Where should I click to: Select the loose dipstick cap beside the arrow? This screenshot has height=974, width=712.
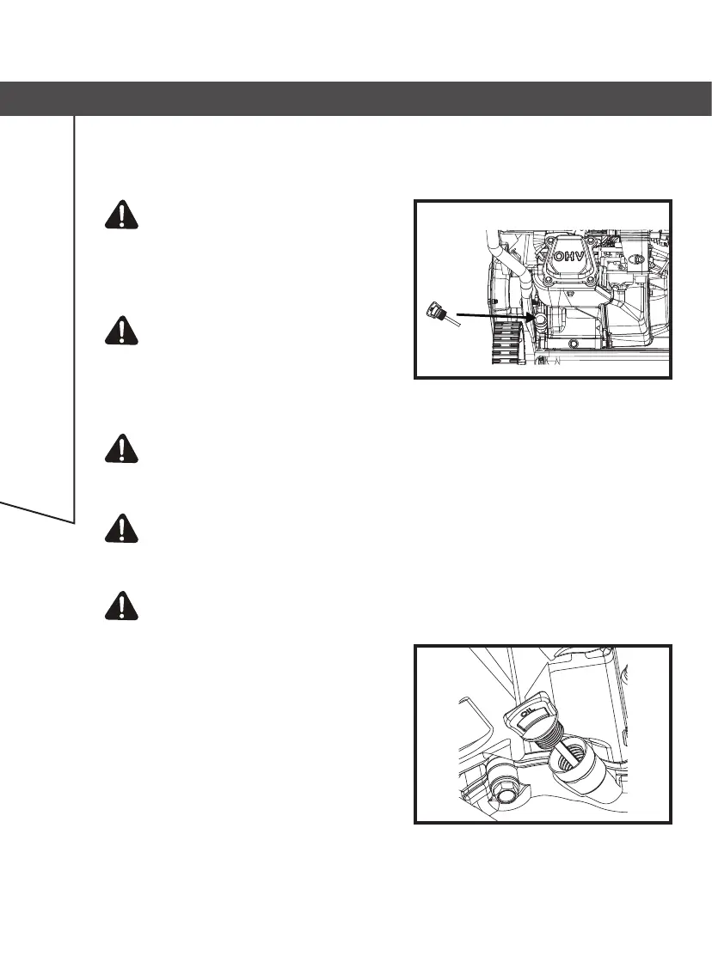[x=436, y=311]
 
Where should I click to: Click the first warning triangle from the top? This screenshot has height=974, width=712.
[x=124, y=215]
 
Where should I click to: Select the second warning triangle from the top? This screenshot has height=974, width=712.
[x=124, y=331]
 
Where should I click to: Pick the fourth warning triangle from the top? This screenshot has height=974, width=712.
[x=124, y=527]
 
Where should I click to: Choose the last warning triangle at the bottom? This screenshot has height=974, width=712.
[x=124, y=606]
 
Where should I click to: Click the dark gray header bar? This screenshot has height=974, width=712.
[x=356, y=99]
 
